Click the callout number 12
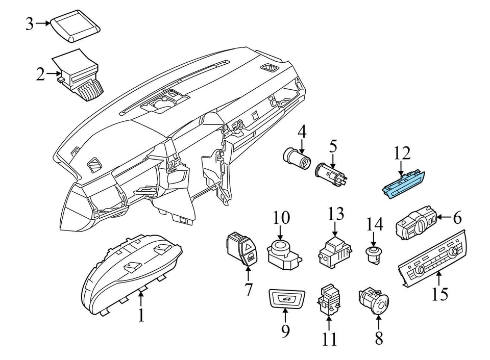[x=402, y=153]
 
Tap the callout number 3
[x=30, y=23]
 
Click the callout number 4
[x=302, y=134]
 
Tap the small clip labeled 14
[x=374, y=254]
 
